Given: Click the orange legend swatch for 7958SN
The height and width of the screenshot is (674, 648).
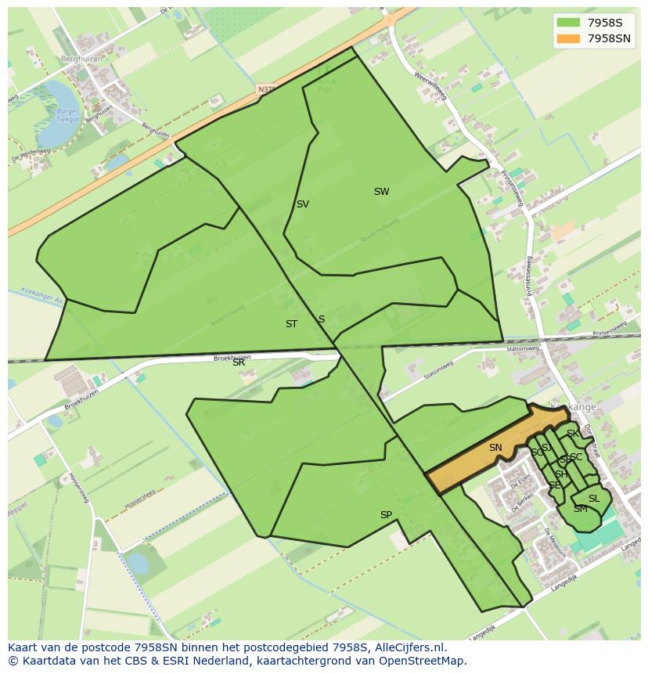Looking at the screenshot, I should (569, 38).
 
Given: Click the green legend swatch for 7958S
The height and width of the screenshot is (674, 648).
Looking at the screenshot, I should (569, 23).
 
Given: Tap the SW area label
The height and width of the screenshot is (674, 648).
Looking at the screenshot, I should (381, 192).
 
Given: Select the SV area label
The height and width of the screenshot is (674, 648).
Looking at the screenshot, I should (302, 204).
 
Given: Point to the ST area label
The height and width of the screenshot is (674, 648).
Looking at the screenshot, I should (291, 324).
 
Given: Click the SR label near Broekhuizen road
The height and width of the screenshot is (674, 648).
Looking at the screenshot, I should (239, 362).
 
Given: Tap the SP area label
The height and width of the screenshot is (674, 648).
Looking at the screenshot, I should (386, 515).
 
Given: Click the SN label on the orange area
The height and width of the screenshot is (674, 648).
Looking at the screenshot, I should (495, 448).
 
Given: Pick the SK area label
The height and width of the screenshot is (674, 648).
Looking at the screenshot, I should (573, 434).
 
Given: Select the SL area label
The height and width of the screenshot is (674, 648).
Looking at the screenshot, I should (594, 499).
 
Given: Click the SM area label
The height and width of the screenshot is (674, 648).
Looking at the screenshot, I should (580, 509).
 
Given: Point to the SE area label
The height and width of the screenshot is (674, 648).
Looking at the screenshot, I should (554, 485).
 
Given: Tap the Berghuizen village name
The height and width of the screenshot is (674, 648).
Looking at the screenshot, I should (81, 59).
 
